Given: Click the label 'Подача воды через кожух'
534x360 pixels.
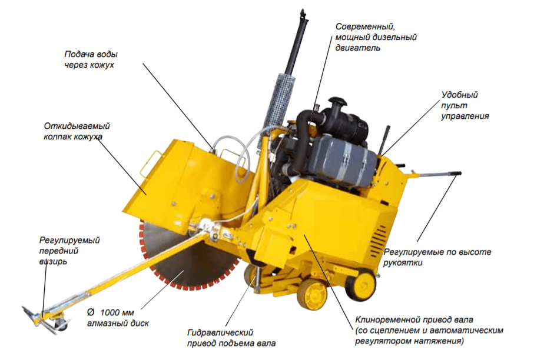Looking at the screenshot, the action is tap(91, 59).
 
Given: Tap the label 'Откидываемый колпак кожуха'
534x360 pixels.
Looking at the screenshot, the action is tap(77, 131).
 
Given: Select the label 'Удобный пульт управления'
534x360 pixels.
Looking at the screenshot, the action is tap(465, 105).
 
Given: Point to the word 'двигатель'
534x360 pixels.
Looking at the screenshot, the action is tap(357, 48).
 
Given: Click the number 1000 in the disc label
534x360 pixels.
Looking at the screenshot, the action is tap(117, 312).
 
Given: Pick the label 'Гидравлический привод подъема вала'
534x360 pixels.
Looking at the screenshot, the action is tap(231, 338).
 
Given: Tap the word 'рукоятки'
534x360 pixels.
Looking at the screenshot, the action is tap(403, 263).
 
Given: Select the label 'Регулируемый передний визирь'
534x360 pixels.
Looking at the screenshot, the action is tap(69, 251).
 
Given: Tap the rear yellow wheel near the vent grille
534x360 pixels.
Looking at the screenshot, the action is tap(360, 285).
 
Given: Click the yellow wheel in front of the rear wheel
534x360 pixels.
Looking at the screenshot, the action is tap(311, 294).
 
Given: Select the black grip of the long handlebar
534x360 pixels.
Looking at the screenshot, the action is tap(455, 174).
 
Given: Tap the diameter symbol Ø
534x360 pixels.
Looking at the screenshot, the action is tap(91, 312).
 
